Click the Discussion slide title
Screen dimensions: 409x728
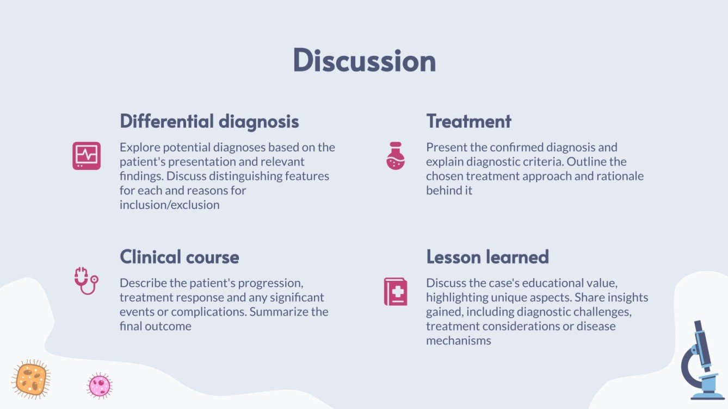(x=364, y=60)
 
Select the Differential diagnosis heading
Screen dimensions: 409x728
(x=209, y=121)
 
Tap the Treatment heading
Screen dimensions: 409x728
(x=468, y=121)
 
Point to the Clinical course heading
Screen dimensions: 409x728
(x=179, y=256)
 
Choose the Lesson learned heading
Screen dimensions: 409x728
(x=487, y=256)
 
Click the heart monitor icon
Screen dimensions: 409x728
(x=87, y=156)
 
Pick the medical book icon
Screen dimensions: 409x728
(x=396, y=292)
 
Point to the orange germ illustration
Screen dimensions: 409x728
(x=30, y=379)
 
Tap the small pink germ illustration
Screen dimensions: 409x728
(x=100, y=386)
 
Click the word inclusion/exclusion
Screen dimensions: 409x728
(x=169, y=205)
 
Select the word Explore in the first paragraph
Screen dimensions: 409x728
(x=138, y=147)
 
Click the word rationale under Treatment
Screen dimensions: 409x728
(x=621, y=176)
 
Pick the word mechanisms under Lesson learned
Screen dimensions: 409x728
(x=458, y=341)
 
